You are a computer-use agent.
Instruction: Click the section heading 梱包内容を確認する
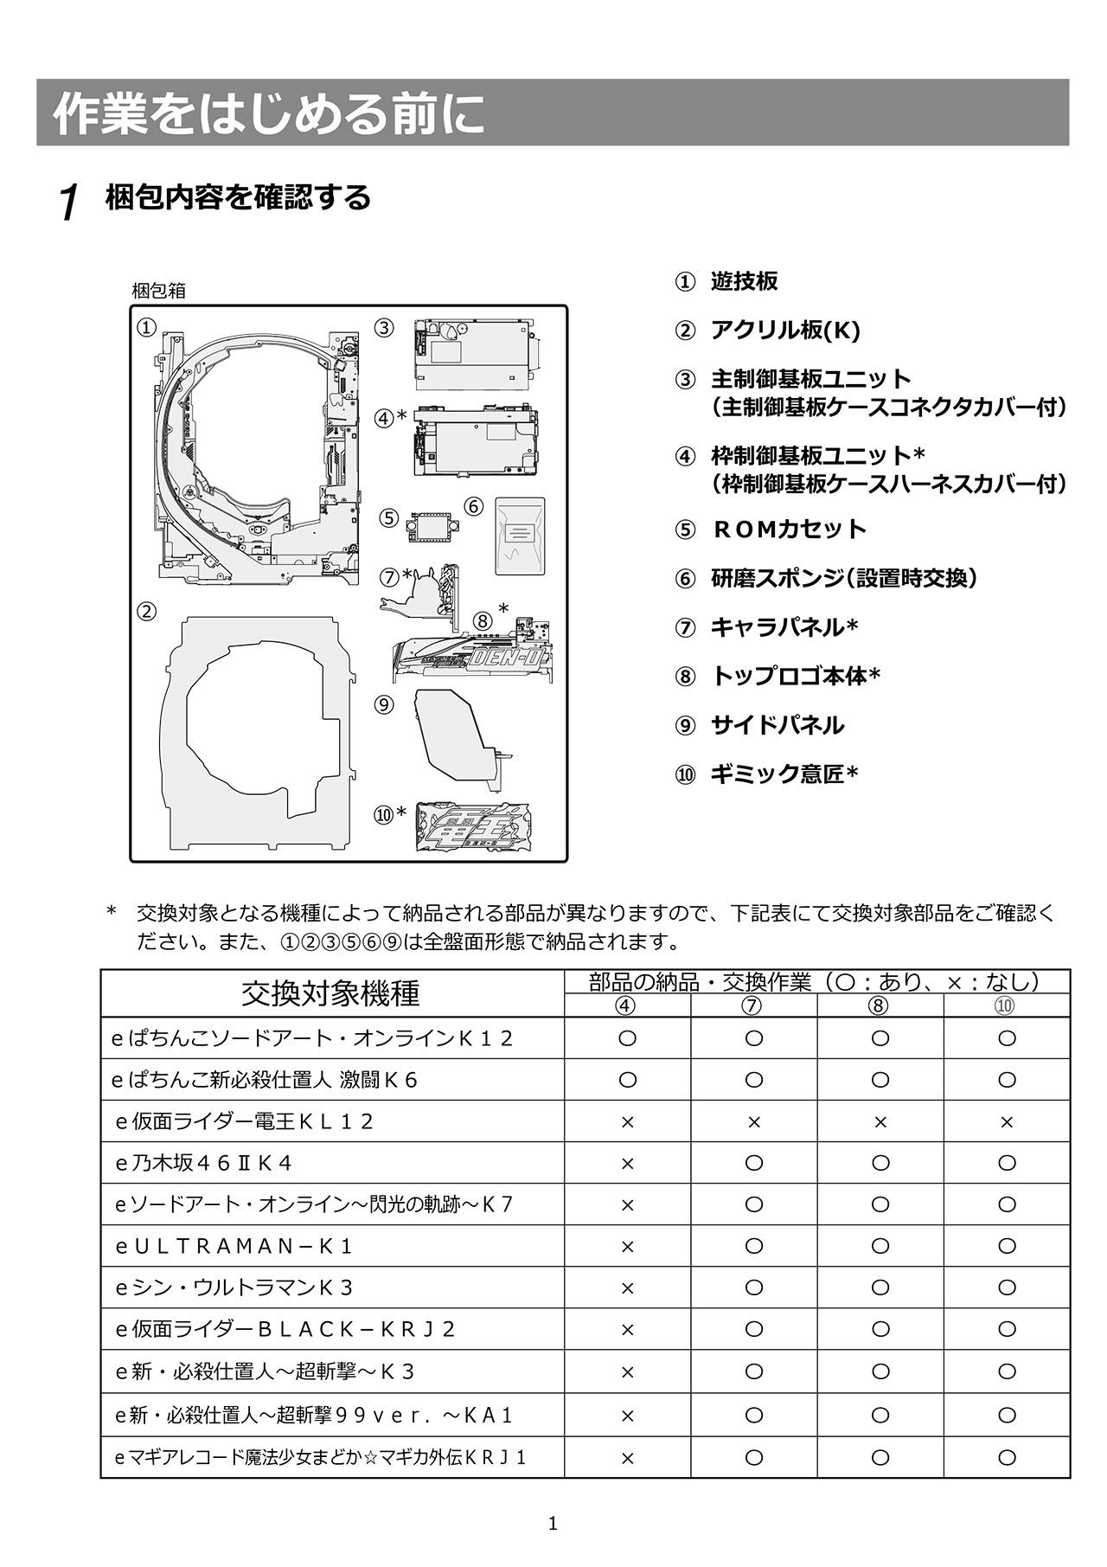tap(238, 197)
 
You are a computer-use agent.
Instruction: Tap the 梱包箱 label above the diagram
tap(158, 291)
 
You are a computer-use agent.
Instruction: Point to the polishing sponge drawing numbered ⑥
tap(519, 535)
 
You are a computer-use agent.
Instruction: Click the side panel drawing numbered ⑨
tap(458, 735)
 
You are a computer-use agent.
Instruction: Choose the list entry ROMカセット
tap(788, 529)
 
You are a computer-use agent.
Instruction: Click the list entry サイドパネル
tap(777, 725)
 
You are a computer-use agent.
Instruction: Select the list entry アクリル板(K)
tap(784, 330)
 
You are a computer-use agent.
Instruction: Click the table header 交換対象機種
tap(331, 993)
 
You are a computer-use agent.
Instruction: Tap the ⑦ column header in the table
tap(753, 1005)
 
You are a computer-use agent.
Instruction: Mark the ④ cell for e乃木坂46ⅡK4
tap(628, 1164)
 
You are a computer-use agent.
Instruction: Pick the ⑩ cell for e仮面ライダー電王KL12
tap(1006, 1122)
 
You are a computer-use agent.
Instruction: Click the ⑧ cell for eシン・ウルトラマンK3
tap(880, 1288)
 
